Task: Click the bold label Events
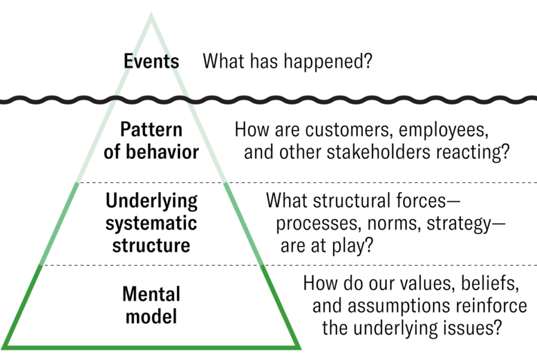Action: click(151, 61)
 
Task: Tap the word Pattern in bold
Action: click(151, 129)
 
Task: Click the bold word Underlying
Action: click(152, 201)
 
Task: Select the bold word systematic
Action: click(151, 223)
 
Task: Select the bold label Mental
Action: click(151, 294)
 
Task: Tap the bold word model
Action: click(151, 317)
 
